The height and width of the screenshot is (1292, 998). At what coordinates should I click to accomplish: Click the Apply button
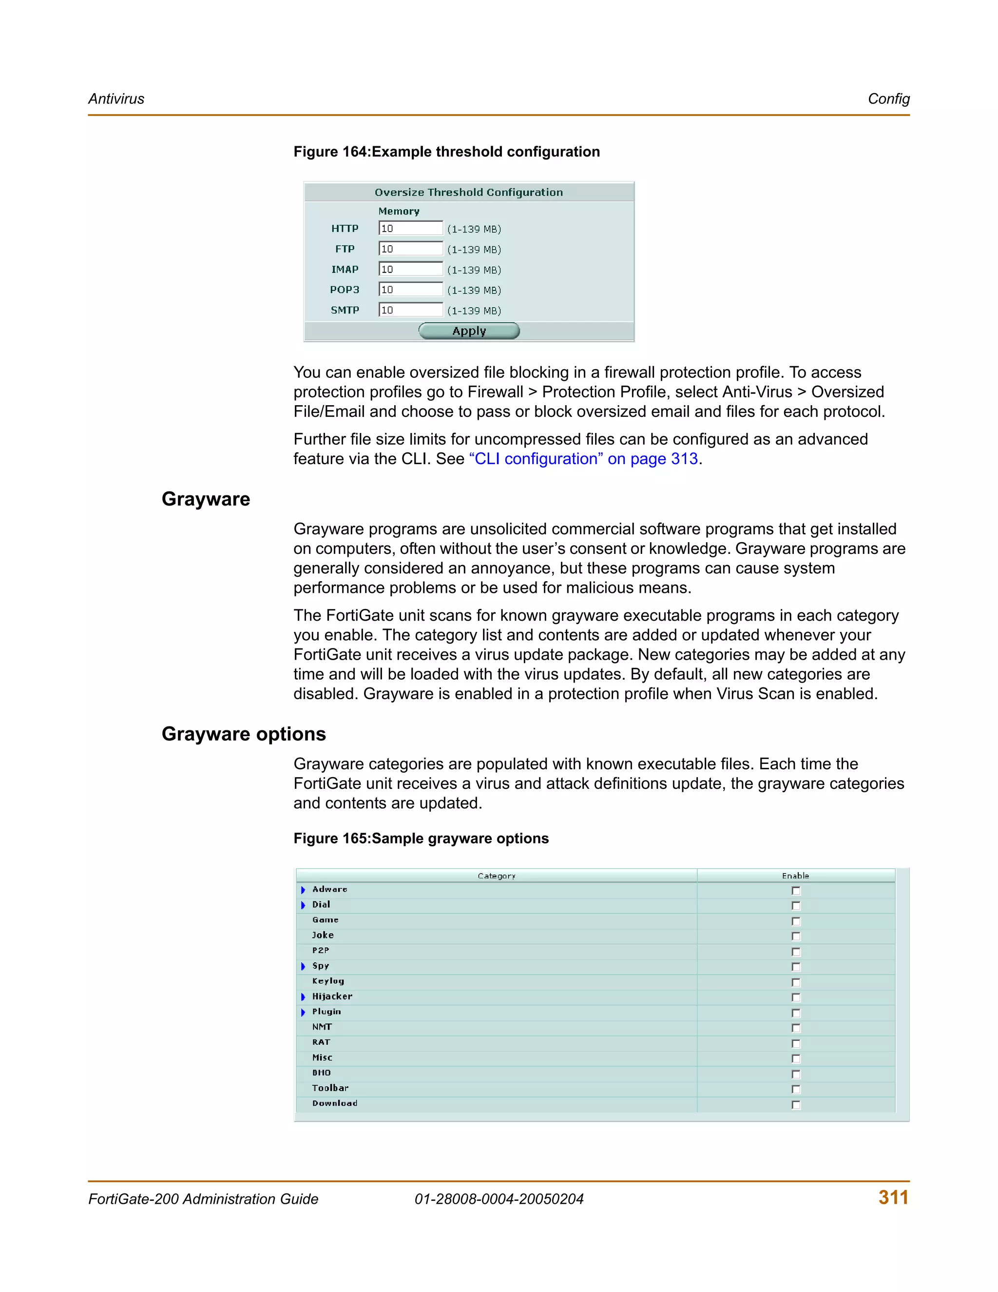[x=469, y=331]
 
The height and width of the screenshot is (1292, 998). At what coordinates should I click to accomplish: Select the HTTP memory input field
[x=411, y=228]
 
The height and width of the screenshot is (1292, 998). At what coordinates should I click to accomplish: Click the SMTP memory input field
[x=411, y=310]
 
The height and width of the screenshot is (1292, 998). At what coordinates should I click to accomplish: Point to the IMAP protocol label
[x=345, y=269]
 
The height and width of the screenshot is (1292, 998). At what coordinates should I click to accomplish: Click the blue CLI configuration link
[x=583, y=459]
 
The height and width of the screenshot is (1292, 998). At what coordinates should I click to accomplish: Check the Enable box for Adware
[x=796, y=890]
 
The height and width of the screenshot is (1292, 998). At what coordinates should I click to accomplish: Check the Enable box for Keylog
[x=796, y=982]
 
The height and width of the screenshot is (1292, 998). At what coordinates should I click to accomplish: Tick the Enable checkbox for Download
[x=796, y=1104]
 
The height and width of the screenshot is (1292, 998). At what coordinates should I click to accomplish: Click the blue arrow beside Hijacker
[x=303, y=997]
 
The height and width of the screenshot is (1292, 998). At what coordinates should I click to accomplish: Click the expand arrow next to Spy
[x=303, y=966]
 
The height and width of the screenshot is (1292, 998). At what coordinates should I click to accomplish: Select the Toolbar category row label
[x=330, y=1088]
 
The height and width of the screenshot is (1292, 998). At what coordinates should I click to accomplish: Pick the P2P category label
[x=321, y=951]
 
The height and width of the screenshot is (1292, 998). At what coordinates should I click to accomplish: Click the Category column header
[x=496, y=876]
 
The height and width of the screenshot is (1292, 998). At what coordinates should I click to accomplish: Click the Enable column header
[x=795, y=876]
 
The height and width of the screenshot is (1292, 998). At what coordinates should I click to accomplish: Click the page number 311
[x=893, y=1197]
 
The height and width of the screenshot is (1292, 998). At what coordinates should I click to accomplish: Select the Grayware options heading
[x=244, y=734]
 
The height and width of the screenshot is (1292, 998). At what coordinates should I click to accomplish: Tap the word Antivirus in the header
[x=116, y=99]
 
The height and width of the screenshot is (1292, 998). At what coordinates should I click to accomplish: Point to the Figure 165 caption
[x=421, y=838]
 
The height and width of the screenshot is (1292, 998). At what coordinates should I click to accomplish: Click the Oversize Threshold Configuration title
[x=468, y=192]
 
